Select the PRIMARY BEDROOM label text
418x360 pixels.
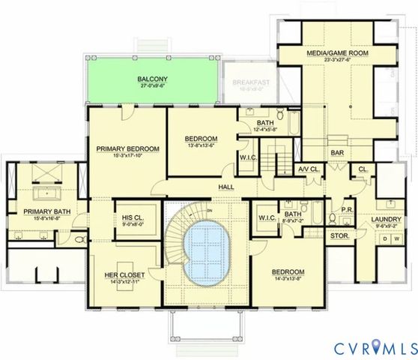pyautogui.click(x=128, y=149)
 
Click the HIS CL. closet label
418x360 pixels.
pyautogui.click(x=135, y=219)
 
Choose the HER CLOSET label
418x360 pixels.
pyautogui.click(x=124, y=275)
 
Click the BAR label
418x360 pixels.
pyautogui.click(x=337, y=153)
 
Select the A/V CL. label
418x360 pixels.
pyautogui.click(x=309, y=168)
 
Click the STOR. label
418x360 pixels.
pyautogui.click(x=339, y=235)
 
